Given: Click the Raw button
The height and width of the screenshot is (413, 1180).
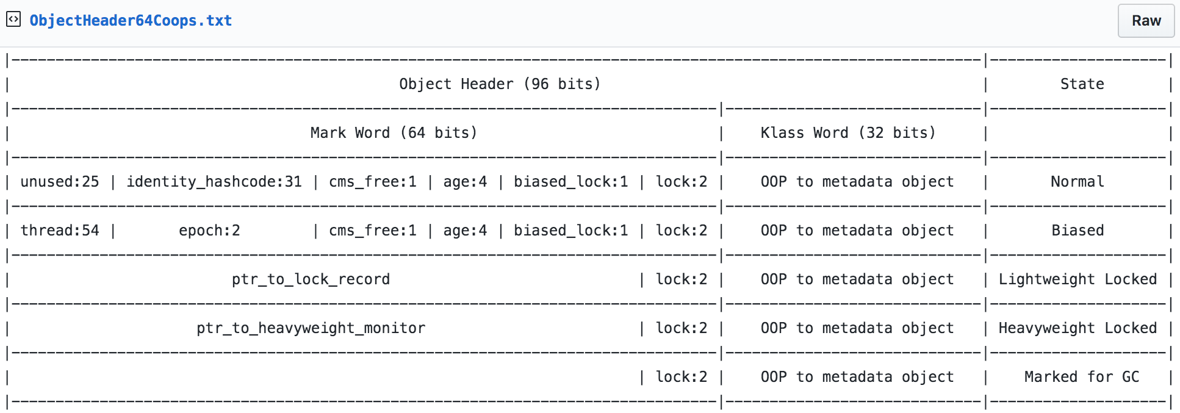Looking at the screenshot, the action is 1146,21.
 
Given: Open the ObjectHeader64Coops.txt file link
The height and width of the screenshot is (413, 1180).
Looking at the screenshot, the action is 131,21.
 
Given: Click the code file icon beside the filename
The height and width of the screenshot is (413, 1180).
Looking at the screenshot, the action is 13,20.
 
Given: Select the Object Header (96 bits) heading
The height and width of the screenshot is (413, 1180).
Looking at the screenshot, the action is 500,84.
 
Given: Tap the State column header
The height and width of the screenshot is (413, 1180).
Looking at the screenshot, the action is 1082,84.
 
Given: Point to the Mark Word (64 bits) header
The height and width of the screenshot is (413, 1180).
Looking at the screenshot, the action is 394,133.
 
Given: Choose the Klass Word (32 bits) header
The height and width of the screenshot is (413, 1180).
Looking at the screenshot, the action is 848,133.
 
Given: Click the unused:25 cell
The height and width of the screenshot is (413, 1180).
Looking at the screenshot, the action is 60,182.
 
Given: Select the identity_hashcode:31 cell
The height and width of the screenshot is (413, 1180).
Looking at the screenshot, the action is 214,182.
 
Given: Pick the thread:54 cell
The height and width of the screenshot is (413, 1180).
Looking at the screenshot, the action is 60,231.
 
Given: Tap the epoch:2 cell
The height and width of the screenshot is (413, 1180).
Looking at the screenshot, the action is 209,231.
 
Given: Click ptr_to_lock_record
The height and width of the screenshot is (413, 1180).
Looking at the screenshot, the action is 311,279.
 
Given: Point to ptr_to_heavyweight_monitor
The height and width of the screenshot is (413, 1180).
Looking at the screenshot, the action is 311,328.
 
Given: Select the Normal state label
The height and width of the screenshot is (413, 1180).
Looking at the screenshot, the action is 1077,182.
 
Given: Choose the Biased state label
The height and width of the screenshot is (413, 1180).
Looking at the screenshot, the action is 1077,231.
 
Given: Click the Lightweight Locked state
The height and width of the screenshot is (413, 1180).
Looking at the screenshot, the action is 1077,279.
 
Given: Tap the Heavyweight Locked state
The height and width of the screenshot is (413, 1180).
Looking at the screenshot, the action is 1077,328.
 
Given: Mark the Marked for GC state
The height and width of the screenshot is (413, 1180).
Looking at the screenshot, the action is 1082,377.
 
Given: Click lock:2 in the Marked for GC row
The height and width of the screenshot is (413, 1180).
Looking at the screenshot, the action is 682,377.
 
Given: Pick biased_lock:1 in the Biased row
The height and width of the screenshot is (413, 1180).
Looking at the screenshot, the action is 570,231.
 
